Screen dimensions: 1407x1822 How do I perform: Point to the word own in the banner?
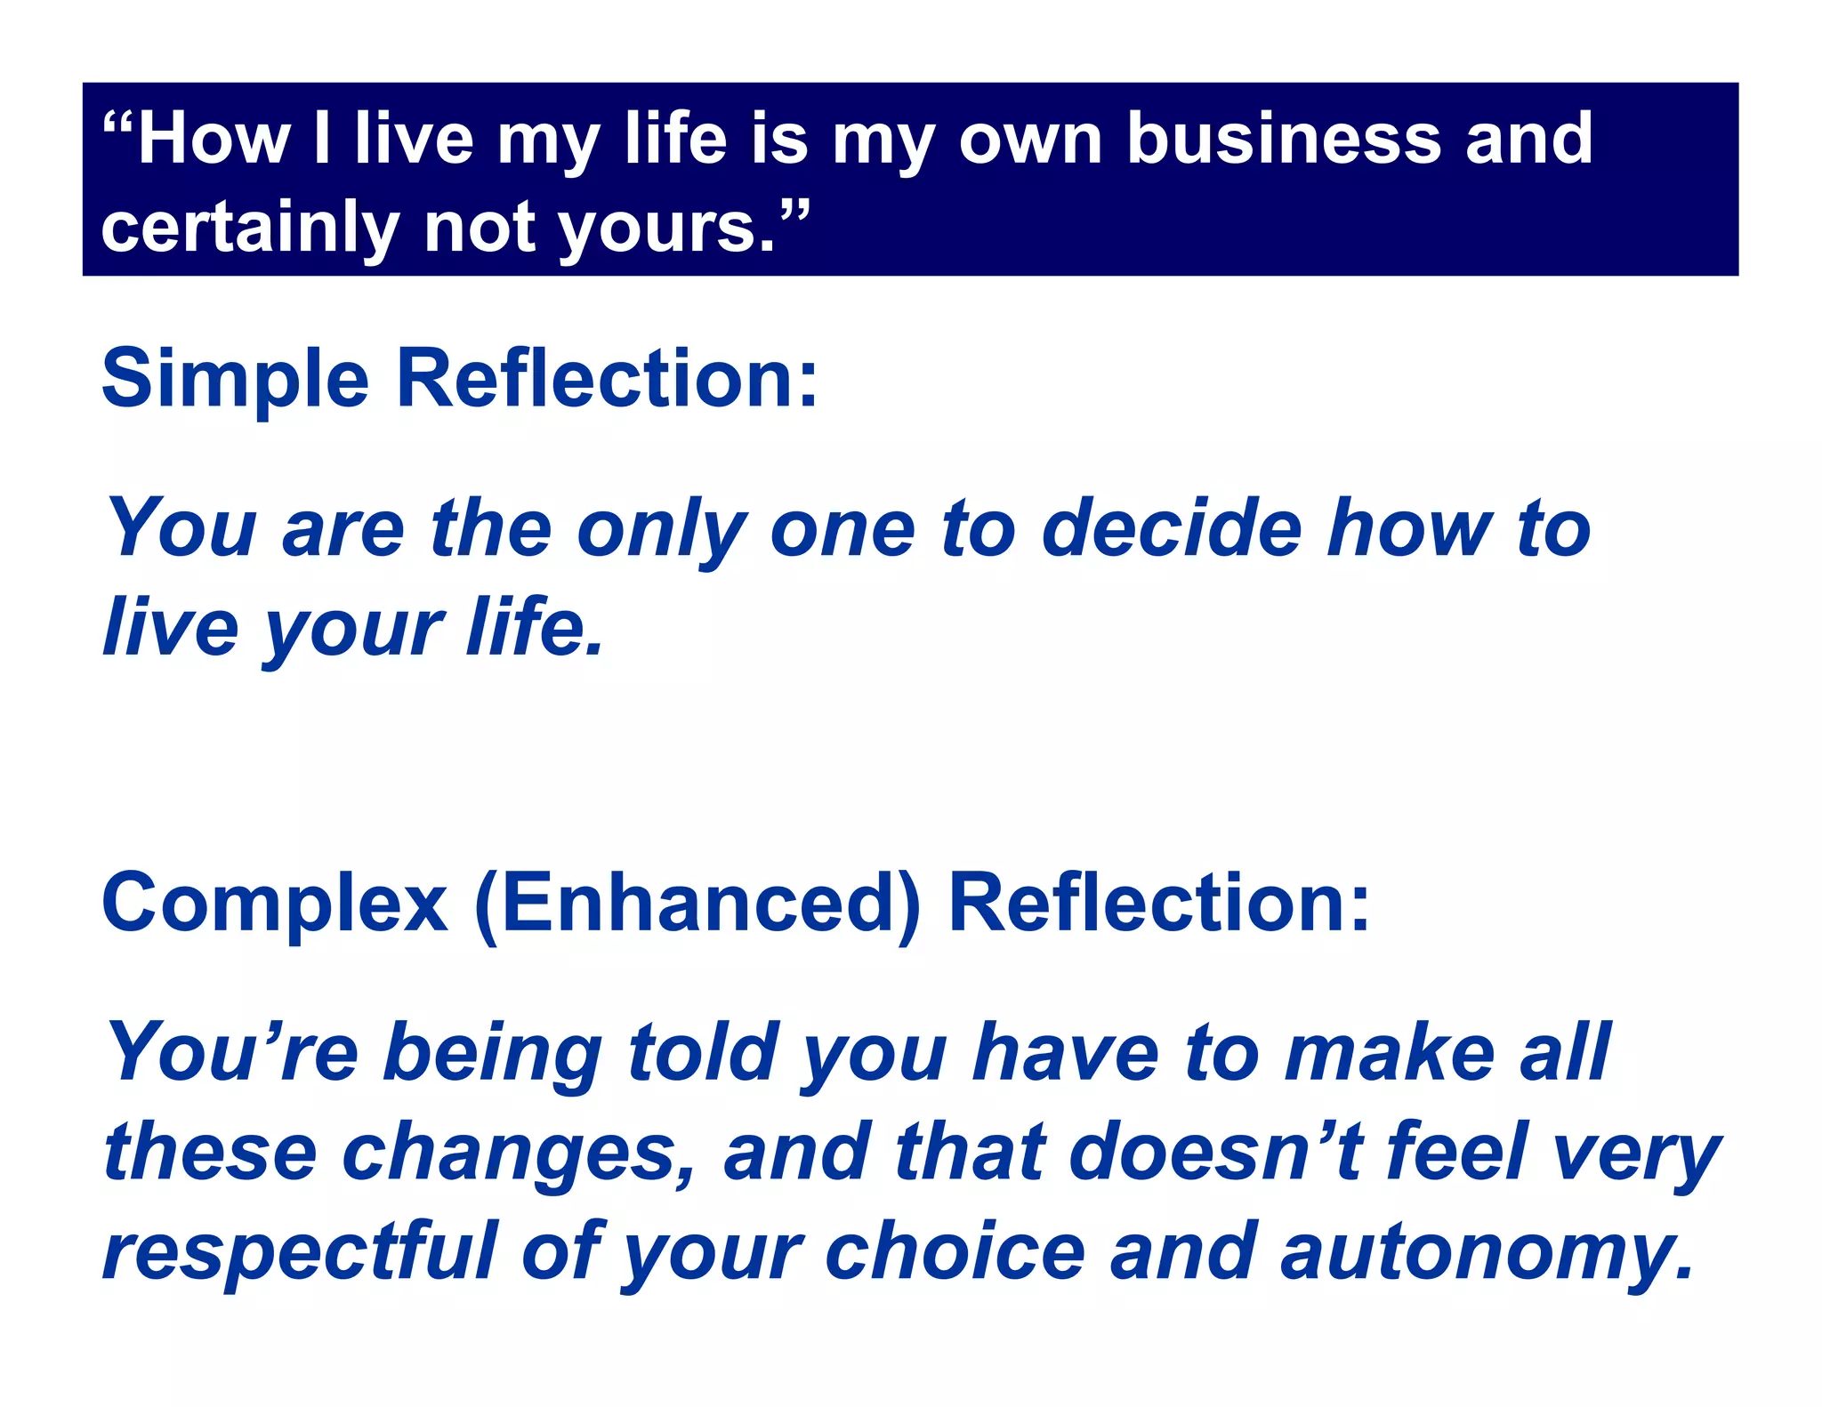coord(1031,140)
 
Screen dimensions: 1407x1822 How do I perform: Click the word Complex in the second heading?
coord(275,904)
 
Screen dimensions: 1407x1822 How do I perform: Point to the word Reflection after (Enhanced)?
coord(1158,904)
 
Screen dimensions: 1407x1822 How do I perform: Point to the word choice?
coord(955,1252)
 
